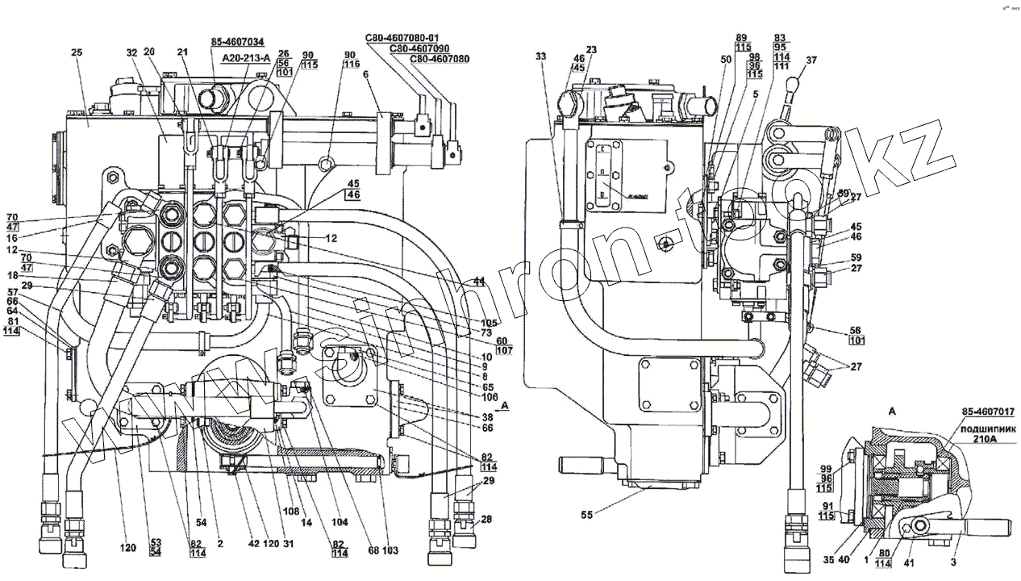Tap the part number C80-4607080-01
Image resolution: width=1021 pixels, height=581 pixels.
click(402, 37)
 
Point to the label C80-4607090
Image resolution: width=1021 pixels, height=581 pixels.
click(419, 48)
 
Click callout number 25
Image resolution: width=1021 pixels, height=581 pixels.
click(77, 52)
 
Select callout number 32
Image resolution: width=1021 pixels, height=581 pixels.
click(131, 52)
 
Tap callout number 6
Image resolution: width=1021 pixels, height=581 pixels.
click(365, 74)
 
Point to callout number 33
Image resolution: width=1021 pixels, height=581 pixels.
click(540, 56)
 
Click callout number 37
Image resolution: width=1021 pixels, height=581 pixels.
click(811, 60)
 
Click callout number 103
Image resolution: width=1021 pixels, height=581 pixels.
click(390, 550)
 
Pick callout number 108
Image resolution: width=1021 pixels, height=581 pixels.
click(291, 511)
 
